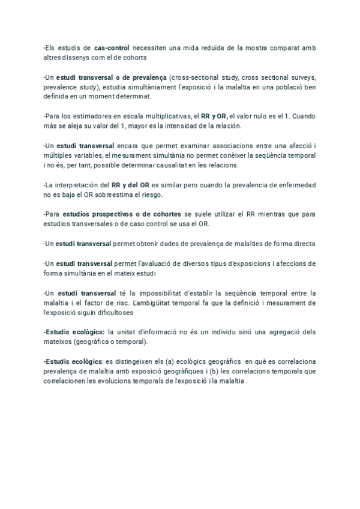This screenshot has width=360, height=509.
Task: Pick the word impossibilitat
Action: pyautogui.click(x=158, y=293)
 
